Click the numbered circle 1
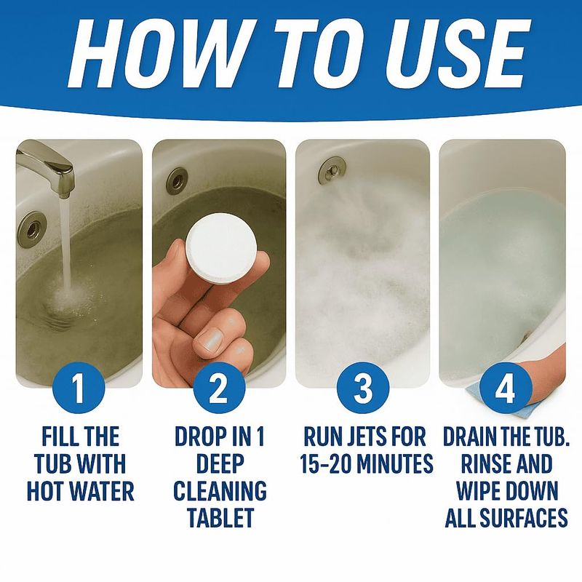click(x=79, y=388)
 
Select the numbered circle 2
click(x=219, y=388)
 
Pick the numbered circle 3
click(x=363, y=388)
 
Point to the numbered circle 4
click(x=506, y=388)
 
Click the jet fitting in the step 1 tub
click(x=33, y=226)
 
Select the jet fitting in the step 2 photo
click(x=177, y=180)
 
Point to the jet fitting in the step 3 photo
click(x=332, y=169)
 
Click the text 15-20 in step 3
click(x=325, y=463)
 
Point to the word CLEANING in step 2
click(x=220, y=490)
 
